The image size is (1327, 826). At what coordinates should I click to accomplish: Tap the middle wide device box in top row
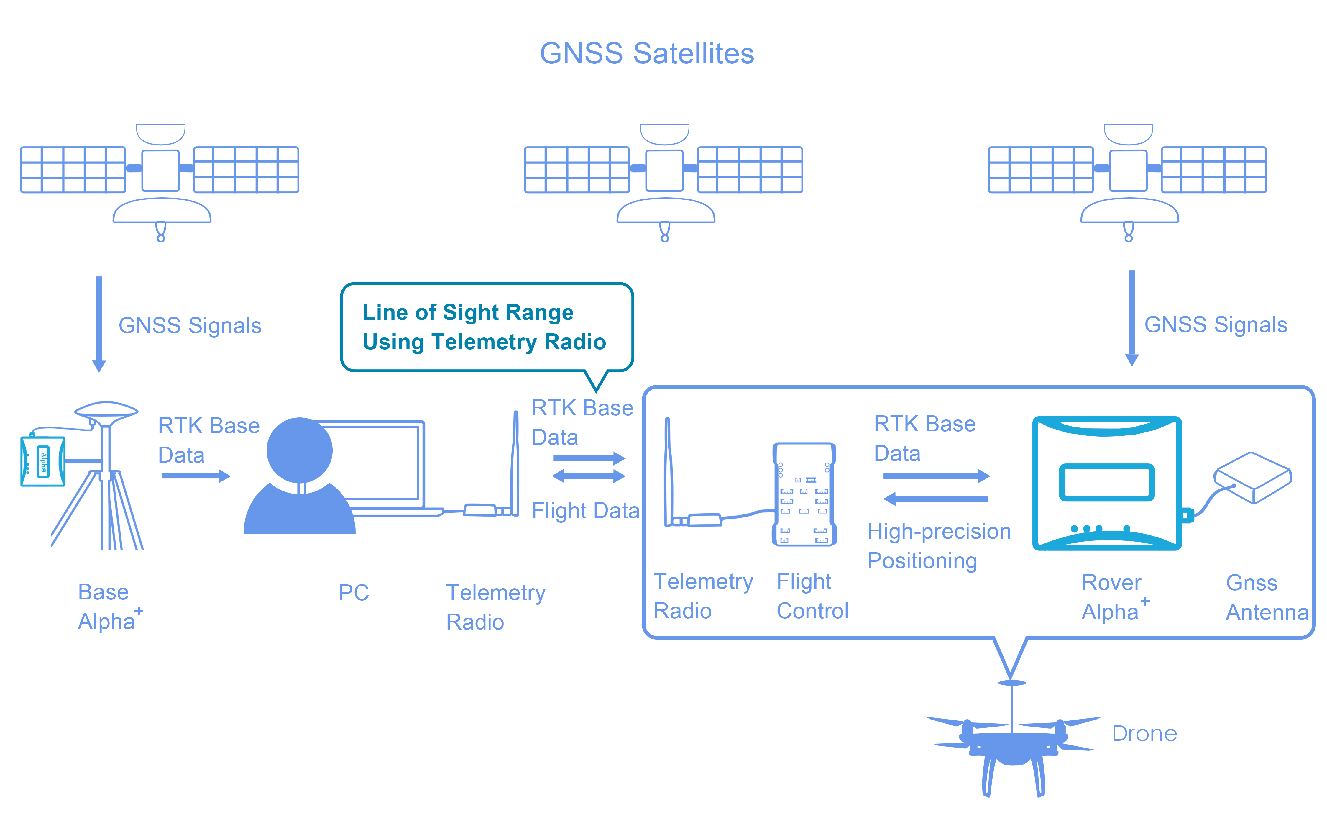point(663,169)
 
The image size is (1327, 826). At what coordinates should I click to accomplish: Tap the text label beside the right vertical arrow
point(1216,326)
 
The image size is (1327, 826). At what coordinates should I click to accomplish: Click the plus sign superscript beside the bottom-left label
point(139,610)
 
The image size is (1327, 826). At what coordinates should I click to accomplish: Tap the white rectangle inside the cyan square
point(1108,485)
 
